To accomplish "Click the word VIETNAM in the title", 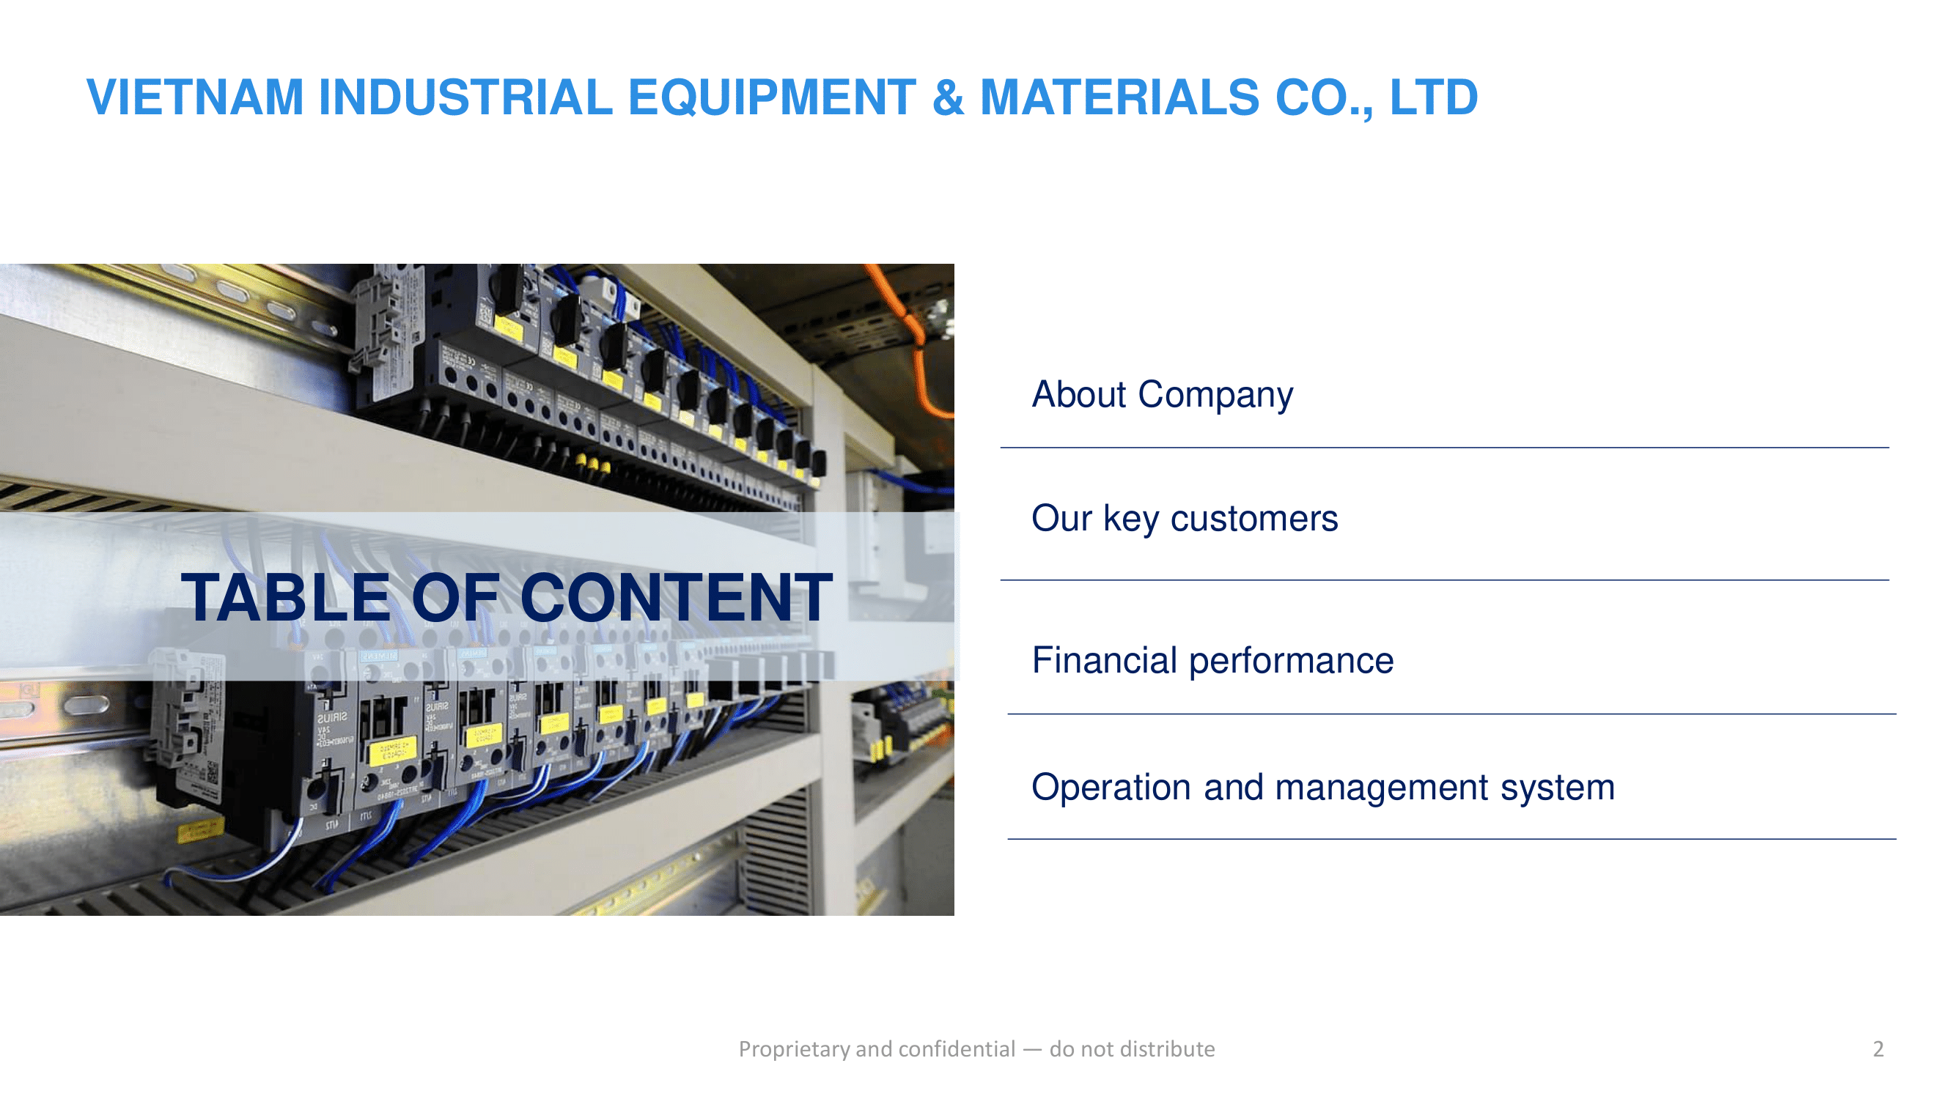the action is coord(195,97).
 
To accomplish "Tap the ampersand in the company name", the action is coord(948,97).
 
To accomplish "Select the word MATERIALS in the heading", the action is coord(1119,97).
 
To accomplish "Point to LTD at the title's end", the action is coord(1433,97).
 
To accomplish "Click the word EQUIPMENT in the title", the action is coord(772,97).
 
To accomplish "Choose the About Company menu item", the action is coord(1162,395).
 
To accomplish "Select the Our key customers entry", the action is coord(1184,519).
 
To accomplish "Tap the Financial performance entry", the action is coord(1212,661).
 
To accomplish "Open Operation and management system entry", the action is coord(1322,788).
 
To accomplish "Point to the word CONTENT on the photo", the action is coord(676,598).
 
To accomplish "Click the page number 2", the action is coord(1877,1049).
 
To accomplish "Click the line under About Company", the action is coord(1444,448).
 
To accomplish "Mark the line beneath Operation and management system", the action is coord(1451,839).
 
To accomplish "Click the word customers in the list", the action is coord(1253,519).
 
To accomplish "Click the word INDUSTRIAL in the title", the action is coord(465,97).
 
